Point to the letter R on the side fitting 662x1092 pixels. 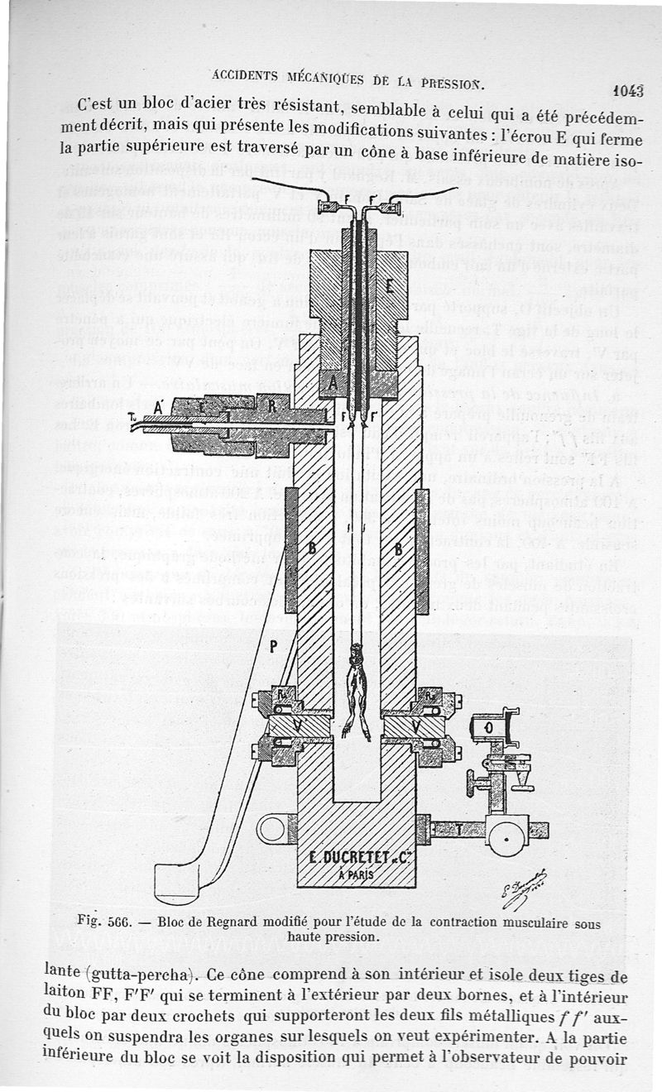[272, 405]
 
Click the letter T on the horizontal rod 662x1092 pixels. [458, 828]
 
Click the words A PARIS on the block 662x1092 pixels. [356, 874]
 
